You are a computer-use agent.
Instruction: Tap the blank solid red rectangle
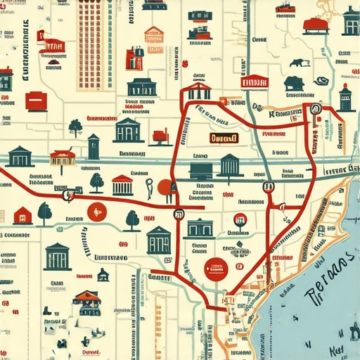[37, 102]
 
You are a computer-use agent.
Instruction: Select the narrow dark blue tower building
[94, 147]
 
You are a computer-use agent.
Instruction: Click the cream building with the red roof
[63, 156]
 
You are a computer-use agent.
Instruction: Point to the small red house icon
[22, 215]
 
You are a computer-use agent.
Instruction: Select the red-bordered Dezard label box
[224, 139]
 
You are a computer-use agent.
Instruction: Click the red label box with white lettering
[255, 82]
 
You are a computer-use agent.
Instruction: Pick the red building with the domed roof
[316, 26]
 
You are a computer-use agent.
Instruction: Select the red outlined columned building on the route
[199, 91]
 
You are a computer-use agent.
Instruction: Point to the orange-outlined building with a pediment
[153, 34]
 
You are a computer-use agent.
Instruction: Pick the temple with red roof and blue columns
[122, 185]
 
